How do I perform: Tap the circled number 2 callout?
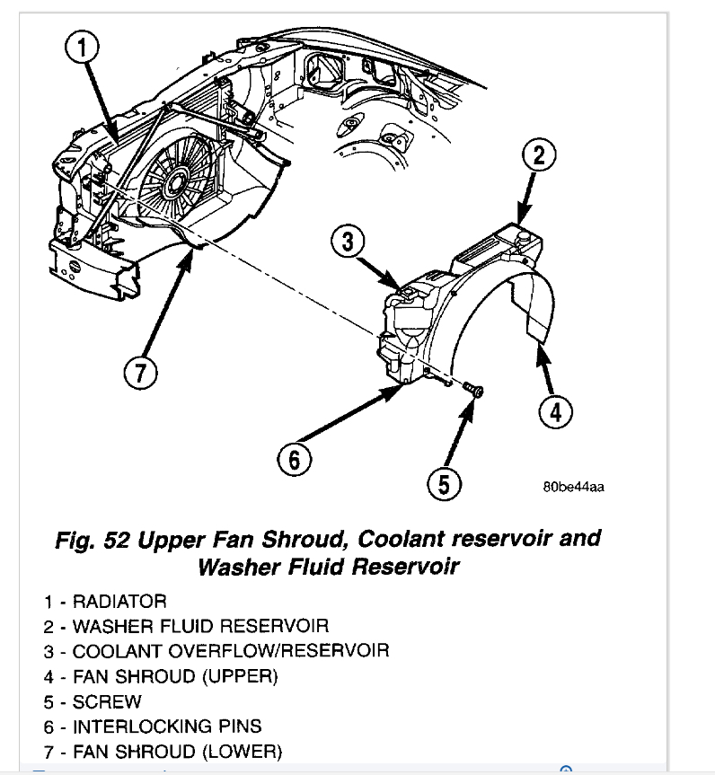(539, 155)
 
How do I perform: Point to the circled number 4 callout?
(555, 412)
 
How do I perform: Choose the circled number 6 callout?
(296, 460)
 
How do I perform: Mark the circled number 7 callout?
(140, 374)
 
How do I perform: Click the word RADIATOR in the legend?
(119, 601)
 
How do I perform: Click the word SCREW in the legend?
(107, 700)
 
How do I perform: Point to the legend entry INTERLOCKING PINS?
(167, 726)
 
